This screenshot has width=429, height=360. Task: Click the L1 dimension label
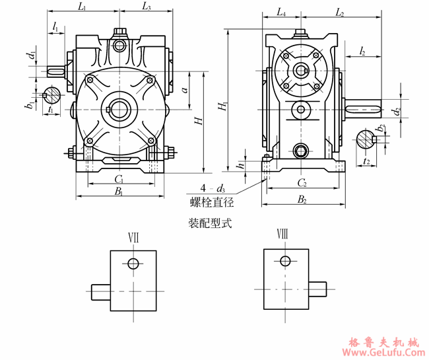tap(82, 7)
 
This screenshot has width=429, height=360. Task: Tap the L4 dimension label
tap(280, 13)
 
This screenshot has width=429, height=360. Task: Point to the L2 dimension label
tap(339, 13)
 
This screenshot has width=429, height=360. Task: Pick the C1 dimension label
tap(119, 179)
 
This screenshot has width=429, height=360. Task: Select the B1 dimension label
tap(119, 192)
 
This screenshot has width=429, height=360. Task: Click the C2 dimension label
tap(302, 182)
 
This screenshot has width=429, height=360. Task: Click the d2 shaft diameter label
tap(396, 110)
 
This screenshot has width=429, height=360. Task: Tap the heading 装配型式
tap(210, 224)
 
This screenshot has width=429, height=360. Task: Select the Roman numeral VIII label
tap(282, 235)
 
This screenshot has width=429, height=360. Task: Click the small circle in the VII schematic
tap(133, 264)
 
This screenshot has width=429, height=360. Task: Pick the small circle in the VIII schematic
tap(285, 260)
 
